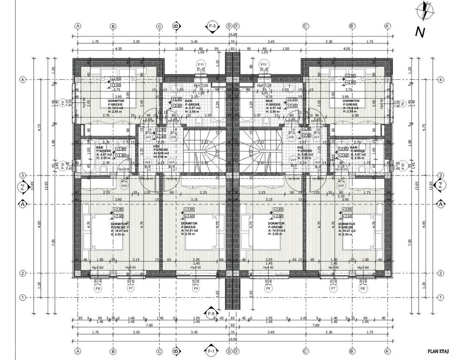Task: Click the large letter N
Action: click(420, 32)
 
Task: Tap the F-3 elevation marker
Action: click(212, 26)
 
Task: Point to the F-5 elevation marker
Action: click(212, 313)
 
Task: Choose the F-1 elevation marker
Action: click(212, 352)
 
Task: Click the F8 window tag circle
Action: click(98, 288)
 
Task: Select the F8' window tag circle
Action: click(363, 288)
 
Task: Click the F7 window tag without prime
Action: click(131, 288)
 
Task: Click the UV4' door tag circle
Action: click(341, 186)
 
